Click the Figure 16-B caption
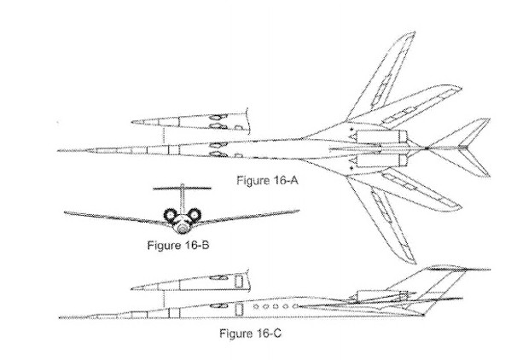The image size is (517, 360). [178, 247]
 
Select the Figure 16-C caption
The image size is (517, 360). [250, 333]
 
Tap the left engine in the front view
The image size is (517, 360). [169, 216]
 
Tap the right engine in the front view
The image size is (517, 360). [195, 216]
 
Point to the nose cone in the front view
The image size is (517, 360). [182, 226]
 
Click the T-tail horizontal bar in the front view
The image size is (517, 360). [182, 187]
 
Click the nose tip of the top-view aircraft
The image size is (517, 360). [58, 151]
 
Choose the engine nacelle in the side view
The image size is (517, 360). [368, 295]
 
